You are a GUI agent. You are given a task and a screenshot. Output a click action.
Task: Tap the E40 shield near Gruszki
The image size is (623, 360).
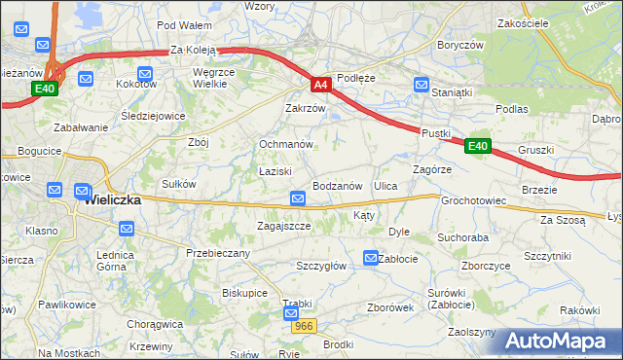tap(476, 146)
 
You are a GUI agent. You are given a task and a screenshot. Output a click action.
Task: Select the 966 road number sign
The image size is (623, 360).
tap(304, 327)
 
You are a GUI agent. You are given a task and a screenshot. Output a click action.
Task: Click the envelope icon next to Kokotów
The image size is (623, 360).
tap(145, 73)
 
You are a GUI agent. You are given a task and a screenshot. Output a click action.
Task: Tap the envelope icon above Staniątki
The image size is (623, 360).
tap(421, 85)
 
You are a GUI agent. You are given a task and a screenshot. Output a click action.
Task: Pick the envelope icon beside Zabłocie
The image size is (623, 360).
tap(370, 258)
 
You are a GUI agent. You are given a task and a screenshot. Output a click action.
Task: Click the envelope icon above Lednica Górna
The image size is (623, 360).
tap(127, 230)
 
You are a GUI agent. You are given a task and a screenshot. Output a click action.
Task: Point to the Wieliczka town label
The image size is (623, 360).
tap(113, 199)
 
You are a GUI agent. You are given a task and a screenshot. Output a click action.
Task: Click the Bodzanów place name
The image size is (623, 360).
tap(338, 186)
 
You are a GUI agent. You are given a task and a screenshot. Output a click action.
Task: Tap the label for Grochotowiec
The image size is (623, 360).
tap(474, 201)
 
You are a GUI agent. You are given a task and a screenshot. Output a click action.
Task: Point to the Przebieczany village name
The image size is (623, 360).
tap(218, 253)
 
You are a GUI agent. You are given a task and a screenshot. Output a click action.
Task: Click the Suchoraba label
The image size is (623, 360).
tap(462, 236)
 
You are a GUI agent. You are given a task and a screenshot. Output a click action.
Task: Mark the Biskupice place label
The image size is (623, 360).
tap(244, 292)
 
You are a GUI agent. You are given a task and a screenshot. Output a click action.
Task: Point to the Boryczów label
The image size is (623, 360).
tap(460, 45)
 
